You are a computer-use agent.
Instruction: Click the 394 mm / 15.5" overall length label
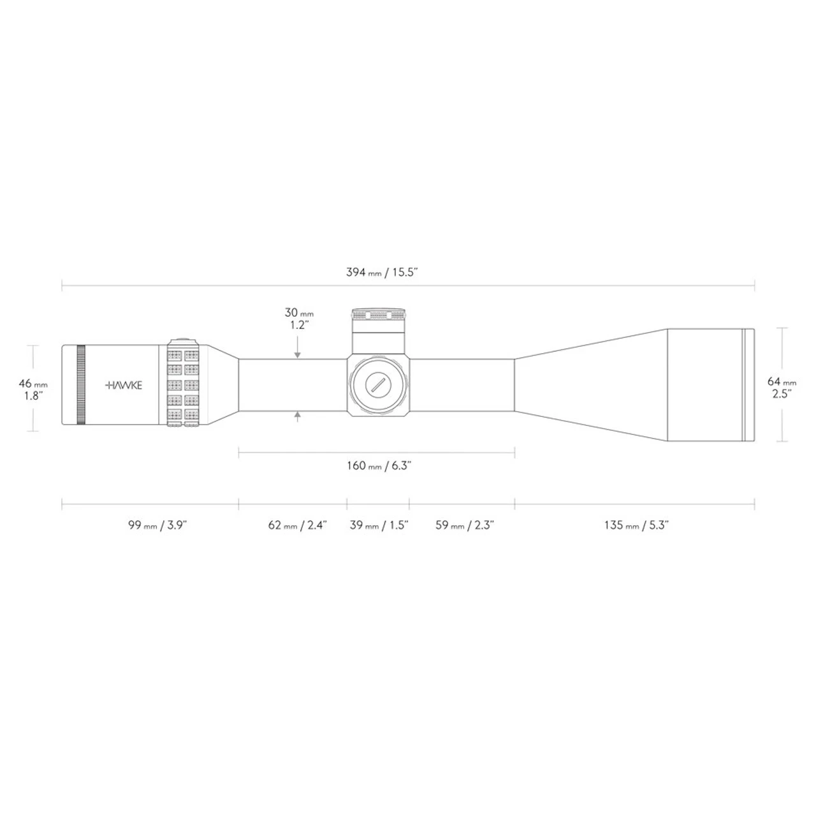(381, 272)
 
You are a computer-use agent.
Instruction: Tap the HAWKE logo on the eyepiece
(124, 385)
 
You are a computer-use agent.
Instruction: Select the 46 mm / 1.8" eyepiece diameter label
(33, 389)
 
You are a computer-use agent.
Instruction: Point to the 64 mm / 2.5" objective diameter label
(782, 388)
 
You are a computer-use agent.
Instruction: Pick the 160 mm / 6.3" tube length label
(379, 465)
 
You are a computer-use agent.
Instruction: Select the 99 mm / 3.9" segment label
(157, 525)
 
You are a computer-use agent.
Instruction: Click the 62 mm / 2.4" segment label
(297, 525)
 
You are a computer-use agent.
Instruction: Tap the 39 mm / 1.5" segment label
(379, 525)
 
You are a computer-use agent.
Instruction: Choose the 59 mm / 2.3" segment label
(465, 525)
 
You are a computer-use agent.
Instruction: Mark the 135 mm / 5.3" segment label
(636, 525)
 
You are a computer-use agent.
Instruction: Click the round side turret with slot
(378, 385)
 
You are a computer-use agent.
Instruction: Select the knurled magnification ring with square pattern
(184, 385)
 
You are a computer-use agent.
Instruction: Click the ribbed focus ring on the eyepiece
(80, 385)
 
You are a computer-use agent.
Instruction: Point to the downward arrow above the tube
(298, 354)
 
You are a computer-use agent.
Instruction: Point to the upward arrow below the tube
(298, 416)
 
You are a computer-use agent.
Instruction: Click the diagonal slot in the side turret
(378, 385)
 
